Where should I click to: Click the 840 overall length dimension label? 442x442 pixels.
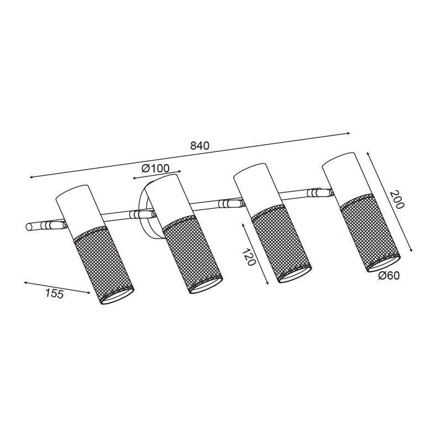[x=200, y=146]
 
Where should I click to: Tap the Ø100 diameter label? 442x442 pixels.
[x=155, y=169]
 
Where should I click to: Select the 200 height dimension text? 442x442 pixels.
[x=397, y=200]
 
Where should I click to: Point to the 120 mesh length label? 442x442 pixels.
[x=249, y=257]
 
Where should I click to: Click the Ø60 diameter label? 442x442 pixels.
[x=389, y=276]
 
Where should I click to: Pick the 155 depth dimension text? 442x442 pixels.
[x=54, y=294]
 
